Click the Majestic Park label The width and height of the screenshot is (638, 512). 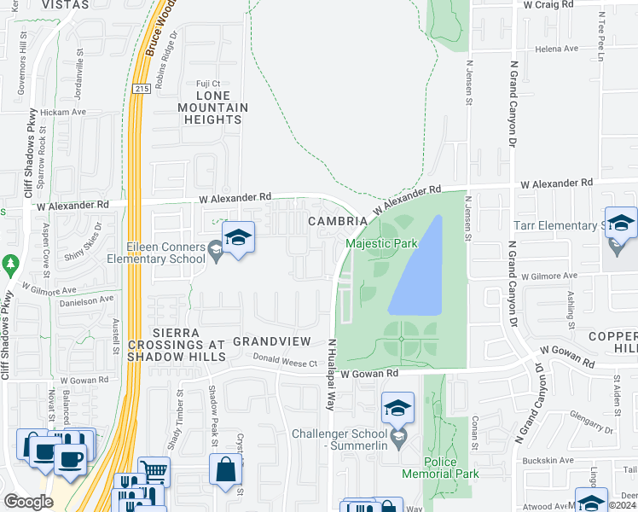tap(382, 243)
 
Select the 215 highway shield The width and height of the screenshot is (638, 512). tap(142, 88)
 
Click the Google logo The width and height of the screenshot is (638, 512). tap(28, 502)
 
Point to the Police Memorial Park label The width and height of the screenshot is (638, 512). tap(441, 468)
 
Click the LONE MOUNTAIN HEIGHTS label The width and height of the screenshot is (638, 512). tap(212, 113)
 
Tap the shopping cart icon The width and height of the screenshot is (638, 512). tap(154, 470)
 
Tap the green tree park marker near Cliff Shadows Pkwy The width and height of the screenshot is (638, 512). tap(10, 264)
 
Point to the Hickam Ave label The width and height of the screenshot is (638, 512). tap(67, 112)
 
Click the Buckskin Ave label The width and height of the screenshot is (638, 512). tap(549, 460)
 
